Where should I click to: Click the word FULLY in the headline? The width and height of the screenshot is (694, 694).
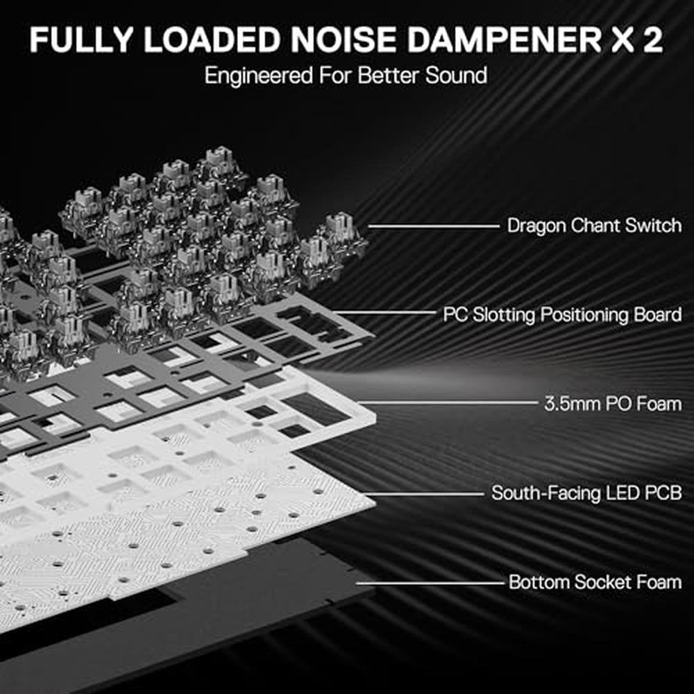(x=82, y=40)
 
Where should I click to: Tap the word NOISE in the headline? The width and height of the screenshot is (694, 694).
(x=343, y=40)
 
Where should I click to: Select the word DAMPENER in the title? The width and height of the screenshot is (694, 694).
(x=504, y=40)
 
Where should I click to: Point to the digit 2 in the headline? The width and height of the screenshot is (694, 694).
(x=650, y=40)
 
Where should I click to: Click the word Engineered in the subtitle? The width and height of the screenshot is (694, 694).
(x=259, y=76)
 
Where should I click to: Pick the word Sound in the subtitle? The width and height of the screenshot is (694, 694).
(x=457, y=75)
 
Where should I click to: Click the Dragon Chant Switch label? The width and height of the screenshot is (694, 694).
(x=594, y=226)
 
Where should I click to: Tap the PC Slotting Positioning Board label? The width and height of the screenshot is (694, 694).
(x=562, y=314)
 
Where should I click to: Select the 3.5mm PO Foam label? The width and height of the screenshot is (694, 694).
(x=613, y=404)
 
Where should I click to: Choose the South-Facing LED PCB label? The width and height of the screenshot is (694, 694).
(x=586, y=493)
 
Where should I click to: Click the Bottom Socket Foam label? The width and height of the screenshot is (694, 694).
(x=595, y=582)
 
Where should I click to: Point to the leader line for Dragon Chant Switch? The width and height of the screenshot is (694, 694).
(x=434, y=226)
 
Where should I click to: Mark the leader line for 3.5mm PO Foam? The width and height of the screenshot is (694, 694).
(x=448, y=403)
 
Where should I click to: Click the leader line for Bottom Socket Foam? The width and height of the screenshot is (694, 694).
(x=430, y=583)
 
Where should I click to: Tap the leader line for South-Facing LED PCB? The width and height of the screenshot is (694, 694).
(x=424, y=494)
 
